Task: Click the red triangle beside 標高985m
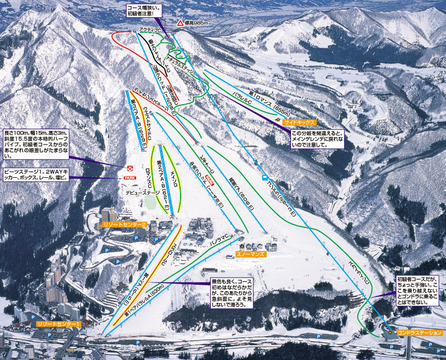pos(180,23)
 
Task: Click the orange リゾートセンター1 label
pos(59,323)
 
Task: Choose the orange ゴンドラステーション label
pos(420,333)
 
